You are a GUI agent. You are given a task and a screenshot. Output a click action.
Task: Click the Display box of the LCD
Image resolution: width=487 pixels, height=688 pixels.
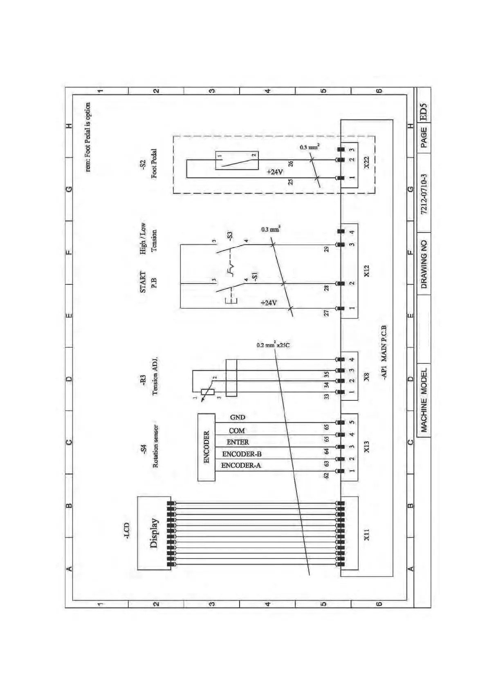[x=154, y=533]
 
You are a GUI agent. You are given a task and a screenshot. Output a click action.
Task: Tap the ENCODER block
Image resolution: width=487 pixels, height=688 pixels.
[x=206, y=447]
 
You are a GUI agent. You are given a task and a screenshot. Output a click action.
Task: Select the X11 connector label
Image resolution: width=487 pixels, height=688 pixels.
[x=366, y=534]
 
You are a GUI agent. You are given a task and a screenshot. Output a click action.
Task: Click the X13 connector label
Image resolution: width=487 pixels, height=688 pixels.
[x=366, y=447]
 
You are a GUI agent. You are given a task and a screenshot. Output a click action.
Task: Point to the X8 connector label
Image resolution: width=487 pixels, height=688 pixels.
[x=366, y=376]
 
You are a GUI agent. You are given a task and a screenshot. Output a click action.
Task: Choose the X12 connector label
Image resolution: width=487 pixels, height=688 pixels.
[x=366, y=270]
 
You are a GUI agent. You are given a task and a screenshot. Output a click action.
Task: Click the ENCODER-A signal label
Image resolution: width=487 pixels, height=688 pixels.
[x=241, y=465]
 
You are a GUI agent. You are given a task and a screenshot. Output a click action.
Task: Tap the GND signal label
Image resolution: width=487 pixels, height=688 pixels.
[x=238, y=417]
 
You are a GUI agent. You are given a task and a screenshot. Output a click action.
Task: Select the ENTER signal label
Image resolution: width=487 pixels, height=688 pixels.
[x=238, y=442]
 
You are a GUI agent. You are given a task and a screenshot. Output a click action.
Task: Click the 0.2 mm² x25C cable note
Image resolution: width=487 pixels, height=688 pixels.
[x=273, y=345]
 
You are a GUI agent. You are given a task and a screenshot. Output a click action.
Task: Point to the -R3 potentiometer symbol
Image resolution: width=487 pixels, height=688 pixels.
[x=208, y=392]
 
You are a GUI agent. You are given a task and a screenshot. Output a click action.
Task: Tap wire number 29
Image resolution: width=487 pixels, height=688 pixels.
[x=326, y=249]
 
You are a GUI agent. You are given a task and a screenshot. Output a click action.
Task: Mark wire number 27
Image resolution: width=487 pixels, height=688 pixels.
[x=326, y=313]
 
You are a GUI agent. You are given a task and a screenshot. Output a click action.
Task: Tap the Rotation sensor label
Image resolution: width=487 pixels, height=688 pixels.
[x=155, y=446]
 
